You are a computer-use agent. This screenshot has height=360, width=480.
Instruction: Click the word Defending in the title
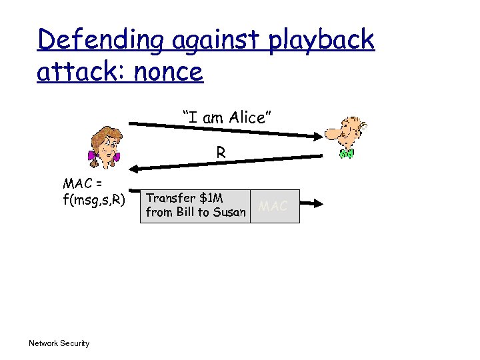click(x=100, y=41)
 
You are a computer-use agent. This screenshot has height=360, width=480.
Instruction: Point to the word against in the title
click(x=215, y=41)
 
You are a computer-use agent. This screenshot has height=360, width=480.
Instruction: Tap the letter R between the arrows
click(x=220, y=153)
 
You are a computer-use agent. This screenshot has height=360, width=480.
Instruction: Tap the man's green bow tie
click(x=346, y=153)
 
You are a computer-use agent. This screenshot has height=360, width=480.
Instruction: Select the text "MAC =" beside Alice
click(x=81, y=183)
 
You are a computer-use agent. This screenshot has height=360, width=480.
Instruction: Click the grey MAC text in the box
click(x=273, y=206)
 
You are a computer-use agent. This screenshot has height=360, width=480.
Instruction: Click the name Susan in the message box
click(x=230, y=213)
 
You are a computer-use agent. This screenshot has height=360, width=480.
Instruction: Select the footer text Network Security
click(x=59, y=343)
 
